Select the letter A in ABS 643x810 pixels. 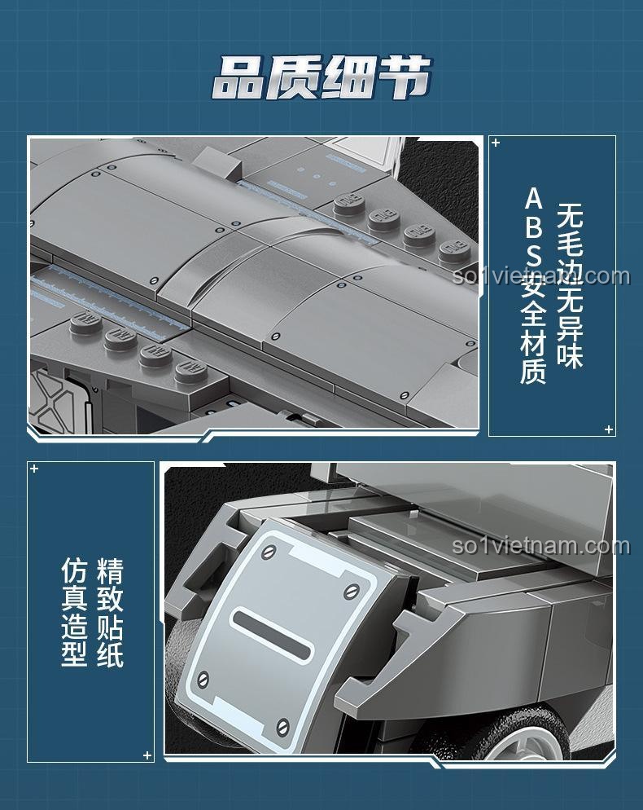tap(534, 200)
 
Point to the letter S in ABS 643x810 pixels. tap(534, 255)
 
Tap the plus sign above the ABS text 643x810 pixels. tap(496, 143)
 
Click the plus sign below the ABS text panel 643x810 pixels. tap(609, 429)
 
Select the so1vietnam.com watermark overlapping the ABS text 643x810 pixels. tap(541, 276)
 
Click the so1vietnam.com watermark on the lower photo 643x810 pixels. tap(541, 546)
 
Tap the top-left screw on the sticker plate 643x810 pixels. tap(269, 552)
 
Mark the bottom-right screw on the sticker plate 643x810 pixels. tap(282, 728)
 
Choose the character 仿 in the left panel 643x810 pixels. tap(74, 570)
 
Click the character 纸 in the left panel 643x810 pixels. tap(110, 654)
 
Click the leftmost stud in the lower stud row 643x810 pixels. tap(86, 323)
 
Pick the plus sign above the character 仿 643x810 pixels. tap(34, 469)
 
